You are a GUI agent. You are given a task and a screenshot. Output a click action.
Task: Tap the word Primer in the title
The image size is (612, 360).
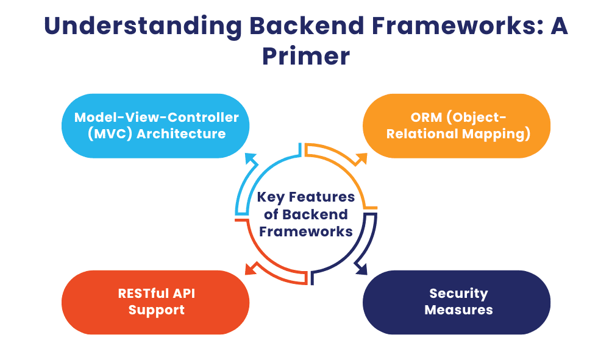click(306, 56)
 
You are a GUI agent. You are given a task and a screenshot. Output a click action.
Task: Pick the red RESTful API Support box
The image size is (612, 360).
click(156, 302)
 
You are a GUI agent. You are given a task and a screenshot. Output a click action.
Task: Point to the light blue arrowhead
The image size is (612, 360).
click(250, 158)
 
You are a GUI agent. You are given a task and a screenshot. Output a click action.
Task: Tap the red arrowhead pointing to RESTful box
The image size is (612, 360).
click(249, 269)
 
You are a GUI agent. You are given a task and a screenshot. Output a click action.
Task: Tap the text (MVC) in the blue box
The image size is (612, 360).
click(109, 134)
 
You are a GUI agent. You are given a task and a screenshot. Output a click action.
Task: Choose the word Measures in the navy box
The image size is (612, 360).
click(458, 310)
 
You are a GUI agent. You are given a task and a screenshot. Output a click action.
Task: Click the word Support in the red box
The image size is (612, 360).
click(156, 310)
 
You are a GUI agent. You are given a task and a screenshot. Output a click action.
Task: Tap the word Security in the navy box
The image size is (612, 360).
click(458, 294)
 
